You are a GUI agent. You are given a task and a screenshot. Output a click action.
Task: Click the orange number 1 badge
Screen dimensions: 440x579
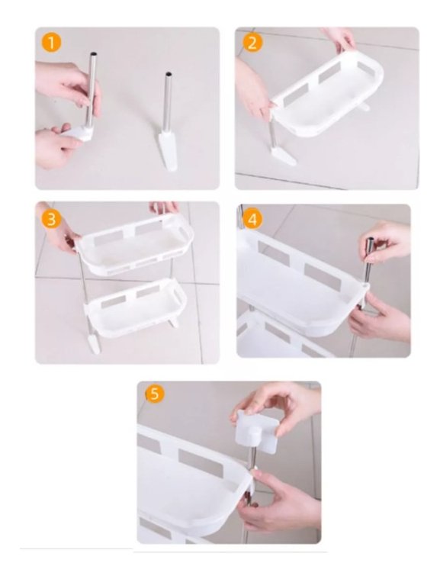[51, 43]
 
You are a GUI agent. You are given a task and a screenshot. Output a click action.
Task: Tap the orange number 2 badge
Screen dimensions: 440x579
[252, 43]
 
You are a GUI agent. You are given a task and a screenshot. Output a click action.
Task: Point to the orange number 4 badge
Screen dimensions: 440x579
[252, 220]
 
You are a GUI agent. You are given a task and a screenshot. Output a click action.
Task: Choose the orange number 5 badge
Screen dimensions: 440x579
[155, 394]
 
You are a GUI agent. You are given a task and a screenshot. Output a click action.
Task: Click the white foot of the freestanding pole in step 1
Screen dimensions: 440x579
[168, 150]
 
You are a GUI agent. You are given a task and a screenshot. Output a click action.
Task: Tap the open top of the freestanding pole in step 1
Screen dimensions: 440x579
[169, 74]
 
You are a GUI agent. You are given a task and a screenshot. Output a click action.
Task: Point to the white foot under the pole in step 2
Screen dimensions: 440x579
[282, 156]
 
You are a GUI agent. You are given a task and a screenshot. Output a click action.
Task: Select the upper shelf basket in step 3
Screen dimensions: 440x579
[135, 244]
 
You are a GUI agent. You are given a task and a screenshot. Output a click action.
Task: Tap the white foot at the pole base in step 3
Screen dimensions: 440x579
[94, 343]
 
